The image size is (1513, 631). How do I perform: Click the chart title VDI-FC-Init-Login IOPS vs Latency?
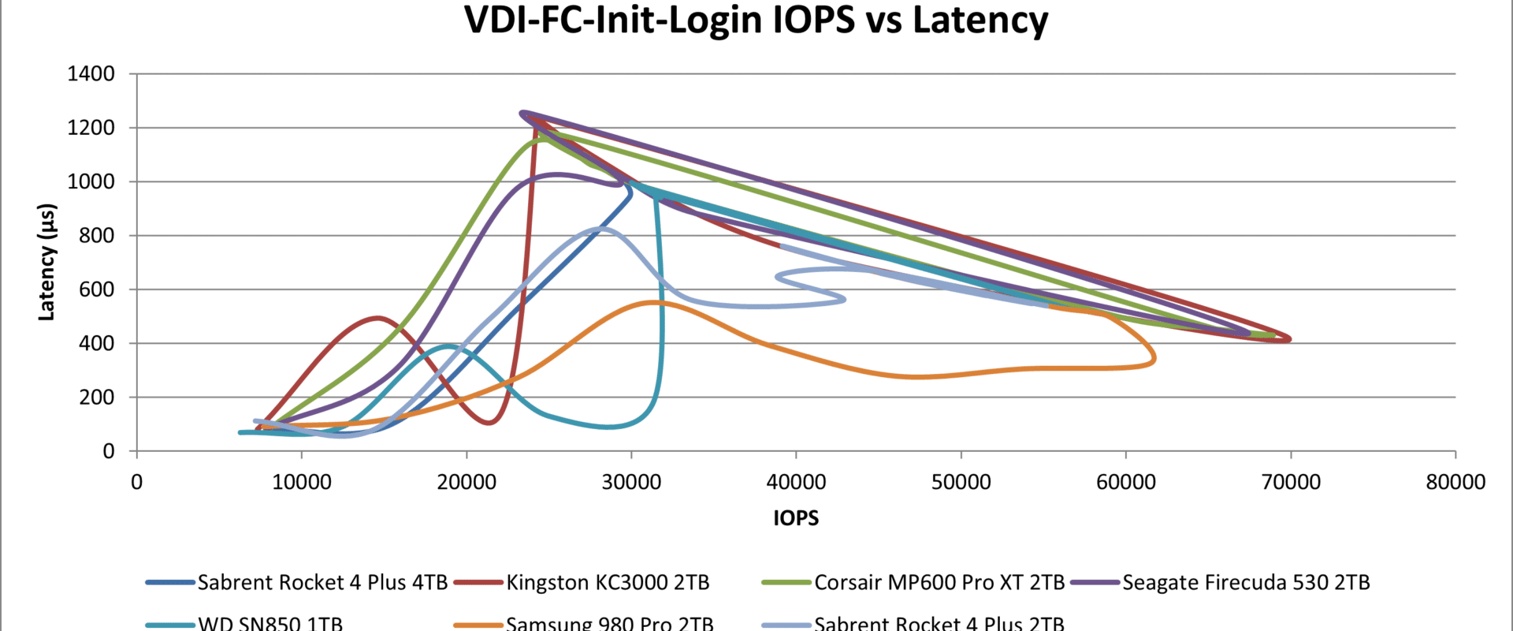756,21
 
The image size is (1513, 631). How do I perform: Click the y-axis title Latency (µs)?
47,262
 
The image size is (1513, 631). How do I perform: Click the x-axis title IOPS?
796,518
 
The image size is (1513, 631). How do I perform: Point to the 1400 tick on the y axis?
91,74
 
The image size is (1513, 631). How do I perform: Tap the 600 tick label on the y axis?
97,289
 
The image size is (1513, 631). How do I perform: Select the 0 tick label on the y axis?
109,451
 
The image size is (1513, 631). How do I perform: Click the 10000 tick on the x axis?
302,482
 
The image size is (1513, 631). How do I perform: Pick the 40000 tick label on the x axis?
796,482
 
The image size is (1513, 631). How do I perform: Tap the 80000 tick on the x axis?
1455,482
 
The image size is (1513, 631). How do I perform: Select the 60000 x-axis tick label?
1126,482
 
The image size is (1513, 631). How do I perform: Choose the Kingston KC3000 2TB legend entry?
608,582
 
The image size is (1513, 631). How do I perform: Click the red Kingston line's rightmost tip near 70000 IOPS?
1289,339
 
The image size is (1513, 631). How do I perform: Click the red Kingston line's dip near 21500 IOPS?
489,423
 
